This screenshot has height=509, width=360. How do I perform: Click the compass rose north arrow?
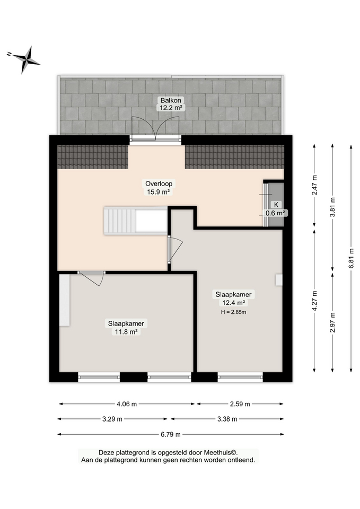pos(23,59)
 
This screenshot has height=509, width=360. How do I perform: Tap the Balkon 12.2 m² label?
pos(171,104)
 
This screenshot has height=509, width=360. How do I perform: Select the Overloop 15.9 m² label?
pos(159,188)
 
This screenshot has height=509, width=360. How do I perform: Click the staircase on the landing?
pos(136,221)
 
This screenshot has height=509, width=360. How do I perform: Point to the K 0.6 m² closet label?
pos(276,209)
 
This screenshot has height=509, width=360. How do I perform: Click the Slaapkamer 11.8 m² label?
pos(126,328)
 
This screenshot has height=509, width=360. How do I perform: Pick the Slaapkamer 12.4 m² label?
pos(233,299)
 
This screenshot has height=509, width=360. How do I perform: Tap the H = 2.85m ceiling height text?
pos(233,312)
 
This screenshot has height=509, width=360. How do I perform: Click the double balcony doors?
pos(155,128)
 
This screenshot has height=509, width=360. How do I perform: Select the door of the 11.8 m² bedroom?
pos(91,278)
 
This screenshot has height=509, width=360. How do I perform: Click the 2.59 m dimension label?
pos(240,404)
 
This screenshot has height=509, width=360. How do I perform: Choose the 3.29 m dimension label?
pos(112,419)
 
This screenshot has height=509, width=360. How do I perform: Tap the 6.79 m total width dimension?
pos(171,434)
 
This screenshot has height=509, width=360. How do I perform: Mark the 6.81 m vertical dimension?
pos(351,258)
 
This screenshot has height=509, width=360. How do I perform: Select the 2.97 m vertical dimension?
pos(332,322)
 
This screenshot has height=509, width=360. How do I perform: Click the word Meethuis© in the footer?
pos(221,452)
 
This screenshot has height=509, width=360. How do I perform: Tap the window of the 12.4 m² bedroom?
pos(240,377)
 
